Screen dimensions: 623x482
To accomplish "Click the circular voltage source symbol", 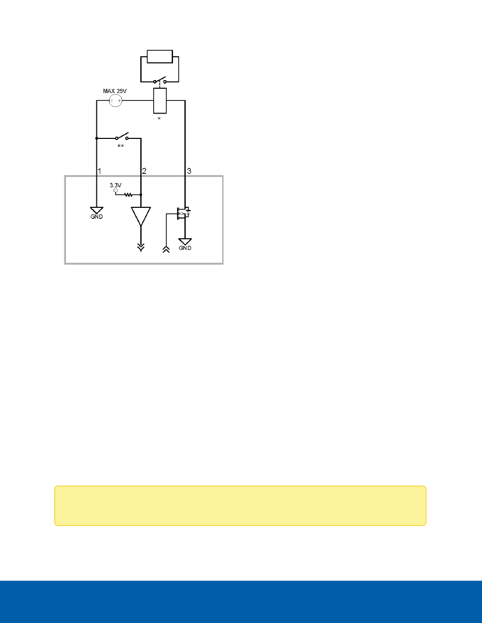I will pos(116,101).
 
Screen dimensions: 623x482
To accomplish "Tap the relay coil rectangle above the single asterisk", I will pos(160,100).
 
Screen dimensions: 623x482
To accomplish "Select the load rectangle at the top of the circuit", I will pos(159,56).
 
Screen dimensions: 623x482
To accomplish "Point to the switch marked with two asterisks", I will pos(121,137).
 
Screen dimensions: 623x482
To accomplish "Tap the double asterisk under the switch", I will pos(121,146).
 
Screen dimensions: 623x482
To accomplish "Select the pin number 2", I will pos(144,171).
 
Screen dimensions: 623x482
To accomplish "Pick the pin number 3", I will pos(189,171).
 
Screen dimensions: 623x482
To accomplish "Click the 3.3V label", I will pos(116,186).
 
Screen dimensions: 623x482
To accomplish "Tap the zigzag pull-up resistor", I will pos(129,194).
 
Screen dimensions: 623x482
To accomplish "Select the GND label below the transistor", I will pos(186,248).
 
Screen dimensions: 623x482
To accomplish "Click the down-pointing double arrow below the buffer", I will pos(141,247).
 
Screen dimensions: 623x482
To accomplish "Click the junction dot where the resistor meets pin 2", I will pos(141,194).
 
